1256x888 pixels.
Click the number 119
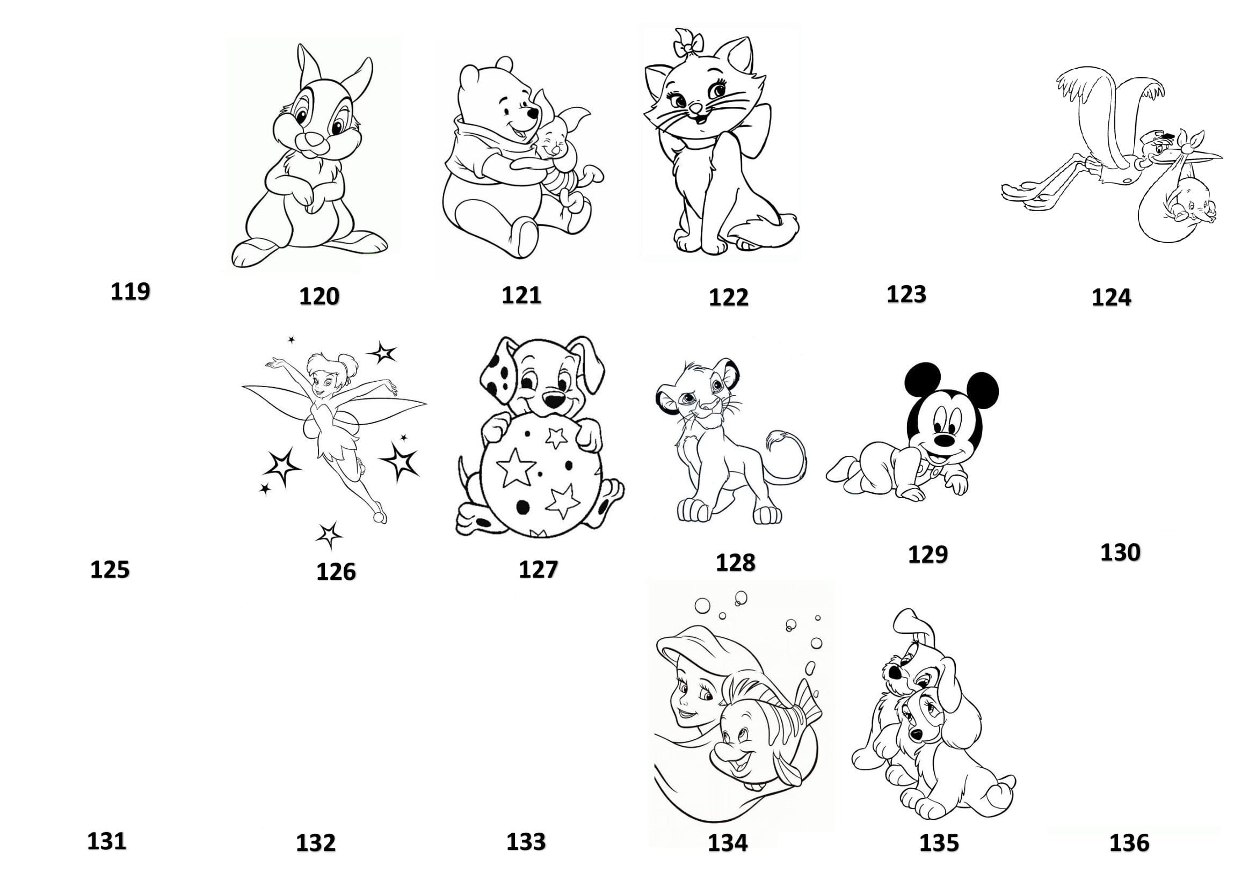coord(130,292)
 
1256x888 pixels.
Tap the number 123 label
coord(906,294)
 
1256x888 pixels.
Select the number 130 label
coord(1120,553)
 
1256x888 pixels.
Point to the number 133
coord(526,841)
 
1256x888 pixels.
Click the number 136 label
coord(1129,843)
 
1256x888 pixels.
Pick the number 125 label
coord(110,570)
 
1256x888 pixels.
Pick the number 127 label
coord(538,570)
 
